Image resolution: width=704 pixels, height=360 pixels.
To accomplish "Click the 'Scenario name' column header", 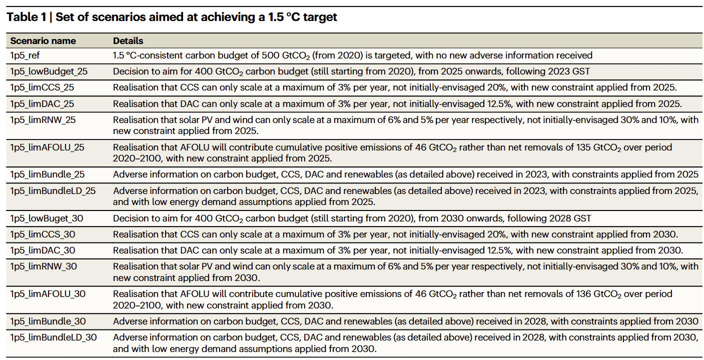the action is (43, 41).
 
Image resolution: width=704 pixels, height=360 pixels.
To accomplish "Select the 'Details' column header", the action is (128, 41).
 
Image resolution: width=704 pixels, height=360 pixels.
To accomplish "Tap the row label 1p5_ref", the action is (25, 55).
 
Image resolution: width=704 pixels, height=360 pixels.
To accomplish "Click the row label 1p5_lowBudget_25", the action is (49, 71).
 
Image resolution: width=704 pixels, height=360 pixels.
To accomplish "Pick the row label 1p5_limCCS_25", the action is (42, 87).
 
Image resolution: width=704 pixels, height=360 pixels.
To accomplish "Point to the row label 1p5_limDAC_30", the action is (43, 250).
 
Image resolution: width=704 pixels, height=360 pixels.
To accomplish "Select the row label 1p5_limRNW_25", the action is (43, 120).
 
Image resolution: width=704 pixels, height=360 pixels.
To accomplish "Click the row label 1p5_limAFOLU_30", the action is (48, 294).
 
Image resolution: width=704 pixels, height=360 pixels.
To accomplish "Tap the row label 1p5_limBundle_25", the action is (48, 174).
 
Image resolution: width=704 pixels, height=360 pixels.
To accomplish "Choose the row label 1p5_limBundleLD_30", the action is (54, 337).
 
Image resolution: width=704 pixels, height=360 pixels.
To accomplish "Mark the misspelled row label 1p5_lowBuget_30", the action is (47, 218).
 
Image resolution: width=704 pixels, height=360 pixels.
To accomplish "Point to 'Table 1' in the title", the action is (27, 17).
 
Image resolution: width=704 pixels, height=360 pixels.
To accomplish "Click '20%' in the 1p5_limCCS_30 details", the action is (496, 234).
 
